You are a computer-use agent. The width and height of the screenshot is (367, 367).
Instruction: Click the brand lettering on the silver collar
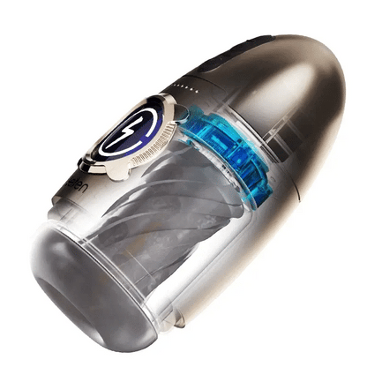click(74, 189)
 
